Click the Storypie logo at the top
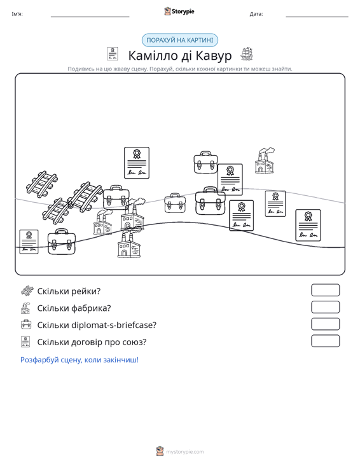pyautogui.click(x=179, y=11)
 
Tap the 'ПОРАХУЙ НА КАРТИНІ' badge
pyautogui.click(x=180, y=40)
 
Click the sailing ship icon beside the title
pyautogui.click(x=246, y=54)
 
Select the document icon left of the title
pyautogui.click(x=113, y=54)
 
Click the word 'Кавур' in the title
pyautogui.click(x=214, y=55)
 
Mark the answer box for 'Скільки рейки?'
pyautogui.click(x=325, y=290)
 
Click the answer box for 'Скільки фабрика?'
pyautogui.click(x=325, y=307)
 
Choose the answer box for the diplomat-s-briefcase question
pyautogui.click(x=325, y=324)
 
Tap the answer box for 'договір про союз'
pyautogui.click(x=325, y=341)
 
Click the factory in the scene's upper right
pyautogui.click(x=265, y=160)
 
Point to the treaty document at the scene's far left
pyautogui.click(x=29, y=242)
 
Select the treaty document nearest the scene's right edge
pyautogui.click(x=308, y=225)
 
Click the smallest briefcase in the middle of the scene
pyautogui.click(x=175, y=203)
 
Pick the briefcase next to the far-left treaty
pyautogui.click(x=62, y=242)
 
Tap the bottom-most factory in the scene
pyautogui.click(x=128, y=244)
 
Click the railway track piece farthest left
pyautogui.click(x=41, y=184)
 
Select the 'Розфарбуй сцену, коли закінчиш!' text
pyautogui.click(x=80, y=360)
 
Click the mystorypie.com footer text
pyautogui.click(x=185, y=452)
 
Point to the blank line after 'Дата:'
pyautogui.click(x=317, y=17)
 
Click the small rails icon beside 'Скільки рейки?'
pyautogui.click(x=27, y=291)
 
